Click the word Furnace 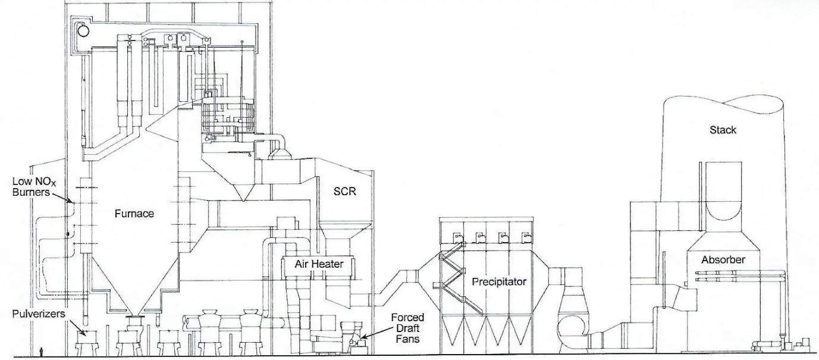tap(134, 214)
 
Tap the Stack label tap(723, 130)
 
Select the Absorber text tap(723, 260)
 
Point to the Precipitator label tap(499, 281)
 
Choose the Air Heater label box tap(319, 264)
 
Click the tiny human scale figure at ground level tap(40, 352)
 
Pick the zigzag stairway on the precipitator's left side tap(451, 280)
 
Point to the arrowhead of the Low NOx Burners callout tap(72, 202)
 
